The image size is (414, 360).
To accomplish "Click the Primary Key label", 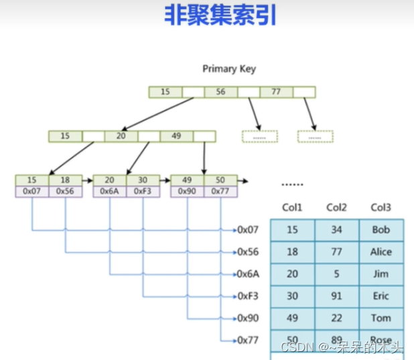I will tap(229, 69).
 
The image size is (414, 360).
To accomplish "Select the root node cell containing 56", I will tap(220, 92).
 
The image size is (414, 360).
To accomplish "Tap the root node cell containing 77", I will tap(276, 92).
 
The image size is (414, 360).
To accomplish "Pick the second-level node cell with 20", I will tap(121, 136).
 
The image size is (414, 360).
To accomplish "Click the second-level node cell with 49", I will tap(176, 136).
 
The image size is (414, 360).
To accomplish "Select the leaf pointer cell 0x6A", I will tap(110, 191).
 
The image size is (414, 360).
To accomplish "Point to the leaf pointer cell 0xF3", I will tap(143, 191).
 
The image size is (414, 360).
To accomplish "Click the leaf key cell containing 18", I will tap(65, 180).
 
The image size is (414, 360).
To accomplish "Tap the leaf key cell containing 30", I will tap(143, 180).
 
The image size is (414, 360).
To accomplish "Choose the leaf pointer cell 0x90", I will tap(188, 191).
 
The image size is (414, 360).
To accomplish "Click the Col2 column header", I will tap(336, 207).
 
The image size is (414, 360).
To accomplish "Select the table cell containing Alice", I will tap(381, 252).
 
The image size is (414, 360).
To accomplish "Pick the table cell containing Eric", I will tap(381, 296).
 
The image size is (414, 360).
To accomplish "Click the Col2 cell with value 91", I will tap(336, 296).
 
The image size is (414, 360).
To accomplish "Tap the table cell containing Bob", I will tap(381, 230).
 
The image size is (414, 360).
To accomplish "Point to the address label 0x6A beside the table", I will tap(249, 274).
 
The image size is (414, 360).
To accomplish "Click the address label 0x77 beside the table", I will tap(249, 341).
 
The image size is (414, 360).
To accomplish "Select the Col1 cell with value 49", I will tap(292, 318).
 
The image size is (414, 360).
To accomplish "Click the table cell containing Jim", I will tap(381, 274).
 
